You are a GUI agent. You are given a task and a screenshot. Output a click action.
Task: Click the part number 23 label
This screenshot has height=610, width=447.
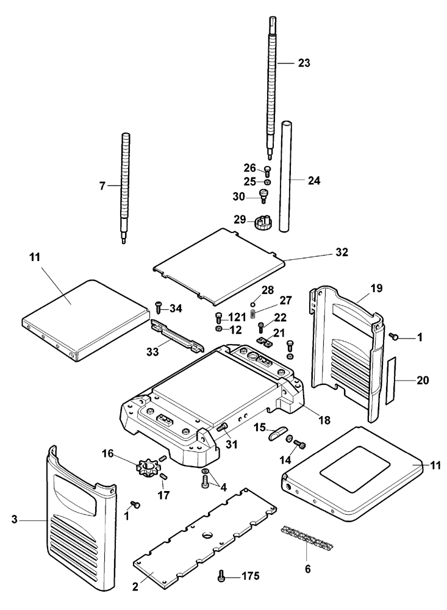[x=304, y=63]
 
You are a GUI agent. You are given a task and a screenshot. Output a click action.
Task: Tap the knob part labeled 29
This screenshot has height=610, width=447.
[x=263, y=222]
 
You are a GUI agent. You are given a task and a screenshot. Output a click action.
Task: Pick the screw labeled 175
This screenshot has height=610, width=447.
[x=221, y=575]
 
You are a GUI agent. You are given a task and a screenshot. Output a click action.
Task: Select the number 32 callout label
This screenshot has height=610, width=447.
[x=342, y=253]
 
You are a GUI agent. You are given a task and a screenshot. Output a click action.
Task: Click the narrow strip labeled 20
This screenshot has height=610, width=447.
[x=390, y=380]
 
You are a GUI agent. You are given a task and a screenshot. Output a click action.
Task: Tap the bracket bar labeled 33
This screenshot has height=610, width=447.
[x=177, y=335]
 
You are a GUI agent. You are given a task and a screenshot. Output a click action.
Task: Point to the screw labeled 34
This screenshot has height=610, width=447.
[x=159, y=307]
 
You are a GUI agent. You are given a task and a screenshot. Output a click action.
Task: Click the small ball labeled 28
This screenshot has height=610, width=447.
[x=252, y=304]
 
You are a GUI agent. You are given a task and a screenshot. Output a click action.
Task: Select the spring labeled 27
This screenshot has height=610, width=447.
[x=253, y=312]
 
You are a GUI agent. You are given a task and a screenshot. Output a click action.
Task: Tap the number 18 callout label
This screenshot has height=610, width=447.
[x=324, y=420]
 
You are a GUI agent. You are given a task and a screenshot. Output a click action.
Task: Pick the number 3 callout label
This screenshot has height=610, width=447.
[x=15, y=519]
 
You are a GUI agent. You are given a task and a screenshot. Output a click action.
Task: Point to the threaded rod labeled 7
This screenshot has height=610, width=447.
[x=125, y=188]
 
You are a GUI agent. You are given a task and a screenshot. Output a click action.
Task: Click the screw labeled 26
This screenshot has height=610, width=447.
[x=267, y=171]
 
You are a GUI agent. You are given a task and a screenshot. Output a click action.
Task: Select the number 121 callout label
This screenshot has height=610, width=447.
[x=237, y=317]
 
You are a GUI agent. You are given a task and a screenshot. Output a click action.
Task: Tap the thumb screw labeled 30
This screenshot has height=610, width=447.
[x=264, y=196]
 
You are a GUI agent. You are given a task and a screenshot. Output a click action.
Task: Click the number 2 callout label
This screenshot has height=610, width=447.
[x=135, y=587]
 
